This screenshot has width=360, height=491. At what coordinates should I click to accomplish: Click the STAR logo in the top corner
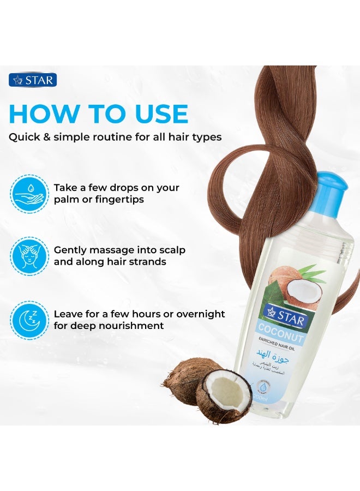(x=32, y=81)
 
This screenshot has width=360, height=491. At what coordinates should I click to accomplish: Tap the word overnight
(x=199, y=314)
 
